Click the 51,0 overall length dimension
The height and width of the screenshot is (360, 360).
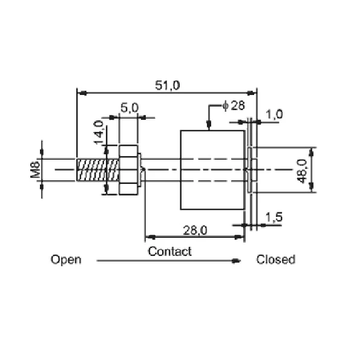[x=168, y=85]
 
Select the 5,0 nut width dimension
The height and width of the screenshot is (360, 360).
[x=129, y=108]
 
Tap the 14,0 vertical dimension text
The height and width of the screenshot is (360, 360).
[x=99, y=133]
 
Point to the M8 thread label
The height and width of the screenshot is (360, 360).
[x=35, y=169]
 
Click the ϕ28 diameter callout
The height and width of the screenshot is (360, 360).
[x=234, y=105]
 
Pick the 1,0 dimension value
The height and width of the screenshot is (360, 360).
[x=274, y=114]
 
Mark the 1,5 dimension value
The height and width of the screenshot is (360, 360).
[x=273, y=217]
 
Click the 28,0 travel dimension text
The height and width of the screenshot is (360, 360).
[x=195, y=230]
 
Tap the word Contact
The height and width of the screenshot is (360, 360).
[x=169, y=251]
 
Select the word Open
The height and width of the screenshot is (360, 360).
[x=66, y=260]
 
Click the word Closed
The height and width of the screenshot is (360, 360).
[x=275, y=260]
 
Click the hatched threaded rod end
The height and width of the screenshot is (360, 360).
[x=98, y=170]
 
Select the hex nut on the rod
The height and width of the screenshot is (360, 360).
[x=128, y=170]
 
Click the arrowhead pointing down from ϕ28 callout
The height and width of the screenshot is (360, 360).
[x=209, y=125]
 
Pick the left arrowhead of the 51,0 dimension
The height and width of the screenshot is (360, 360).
[x=82, y=93]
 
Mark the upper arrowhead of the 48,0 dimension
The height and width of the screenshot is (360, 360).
[x=312, y=152]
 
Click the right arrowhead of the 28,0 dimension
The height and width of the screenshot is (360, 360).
[x=239, y=237]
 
